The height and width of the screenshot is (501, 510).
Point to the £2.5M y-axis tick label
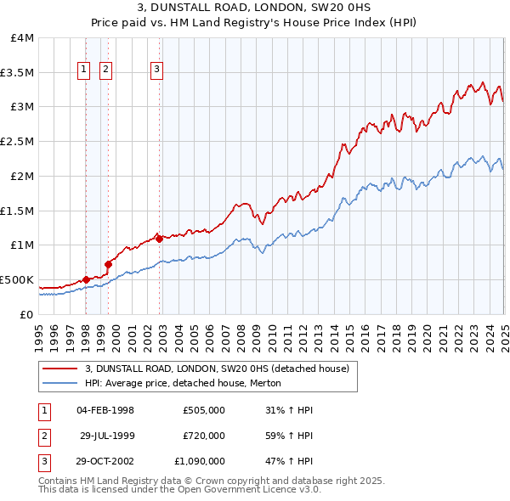pos(17,142)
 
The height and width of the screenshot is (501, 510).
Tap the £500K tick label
pos(17,279)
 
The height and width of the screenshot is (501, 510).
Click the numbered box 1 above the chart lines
pos(85,70)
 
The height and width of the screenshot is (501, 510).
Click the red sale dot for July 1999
pos(109,264)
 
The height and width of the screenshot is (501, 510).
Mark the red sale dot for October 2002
pos(160,239)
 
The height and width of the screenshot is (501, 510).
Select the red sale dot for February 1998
pos(86,279)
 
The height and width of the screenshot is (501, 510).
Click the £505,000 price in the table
pos(203,410)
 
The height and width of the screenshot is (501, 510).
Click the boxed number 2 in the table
pos(43,436)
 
